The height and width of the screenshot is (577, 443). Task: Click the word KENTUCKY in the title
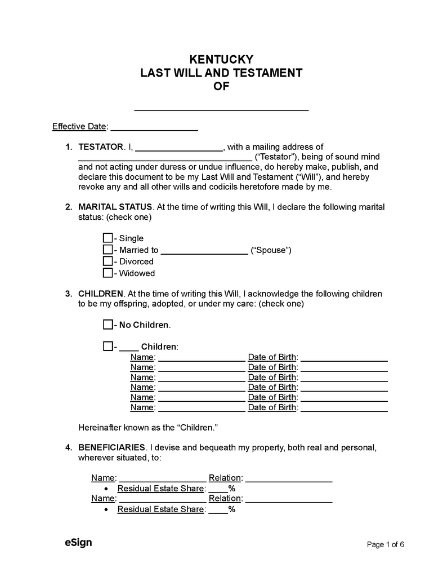221,59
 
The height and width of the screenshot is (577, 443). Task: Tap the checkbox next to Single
108,238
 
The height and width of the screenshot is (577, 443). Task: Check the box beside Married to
108,250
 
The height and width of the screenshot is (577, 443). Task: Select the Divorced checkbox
108,261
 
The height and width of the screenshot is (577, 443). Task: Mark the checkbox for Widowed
108,273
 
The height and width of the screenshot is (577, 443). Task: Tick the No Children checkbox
108,325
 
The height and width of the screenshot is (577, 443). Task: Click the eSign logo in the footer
78,543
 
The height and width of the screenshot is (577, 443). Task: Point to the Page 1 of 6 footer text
386,544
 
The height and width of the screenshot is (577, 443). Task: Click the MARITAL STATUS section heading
115,207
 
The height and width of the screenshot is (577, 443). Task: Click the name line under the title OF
221,107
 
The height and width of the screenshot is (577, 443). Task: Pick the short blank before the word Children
129,347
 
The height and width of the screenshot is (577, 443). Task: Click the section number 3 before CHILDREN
68,294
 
